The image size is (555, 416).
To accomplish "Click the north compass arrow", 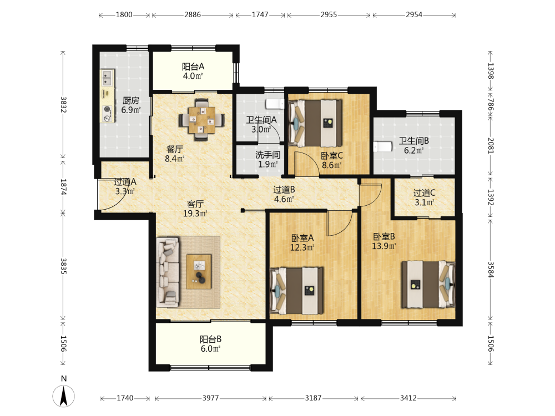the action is coord(64,396).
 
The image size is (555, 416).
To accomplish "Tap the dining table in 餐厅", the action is coord(202,120).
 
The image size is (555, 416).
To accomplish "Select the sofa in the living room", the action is coord(168,272).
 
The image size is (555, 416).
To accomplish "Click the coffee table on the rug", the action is coord(199,271).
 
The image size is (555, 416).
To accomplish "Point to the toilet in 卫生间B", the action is coord(382,146).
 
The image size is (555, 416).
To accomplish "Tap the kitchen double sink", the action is coord(107,78).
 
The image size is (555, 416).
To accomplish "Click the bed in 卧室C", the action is coord(315,123).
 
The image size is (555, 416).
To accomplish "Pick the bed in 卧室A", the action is coord(296,291).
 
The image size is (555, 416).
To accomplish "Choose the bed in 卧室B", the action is coord(428,285).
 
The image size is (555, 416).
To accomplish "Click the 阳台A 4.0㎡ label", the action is coord(193,71).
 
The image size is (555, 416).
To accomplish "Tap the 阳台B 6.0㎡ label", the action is coord(210,344).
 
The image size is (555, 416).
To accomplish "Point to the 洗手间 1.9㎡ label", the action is coord(268,160).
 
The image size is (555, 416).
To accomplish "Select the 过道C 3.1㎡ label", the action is coord(425,197).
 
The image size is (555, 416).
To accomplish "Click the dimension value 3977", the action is coord(210,398).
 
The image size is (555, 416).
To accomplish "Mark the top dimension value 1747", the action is coord(260,14).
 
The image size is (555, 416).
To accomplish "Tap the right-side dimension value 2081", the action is coord(491,145).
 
